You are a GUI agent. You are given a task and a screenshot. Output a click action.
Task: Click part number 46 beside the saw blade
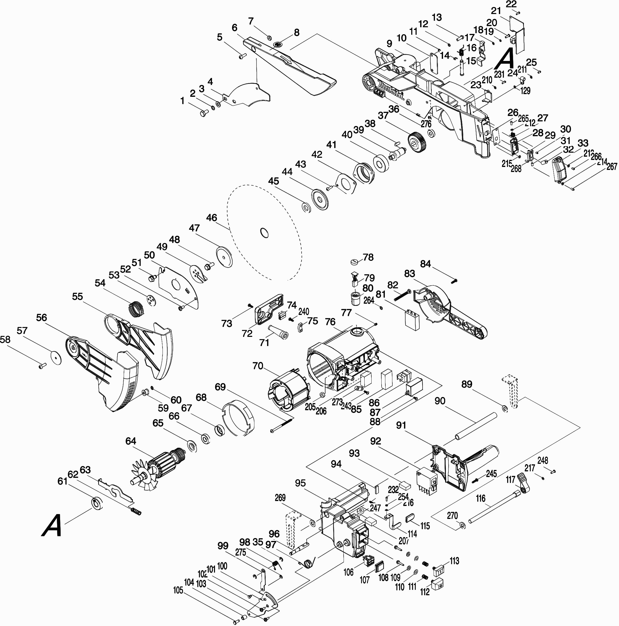211,217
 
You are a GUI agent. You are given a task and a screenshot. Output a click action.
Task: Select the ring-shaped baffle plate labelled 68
238,418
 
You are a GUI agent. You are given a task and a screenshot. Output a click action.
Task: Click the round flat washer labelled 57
56,356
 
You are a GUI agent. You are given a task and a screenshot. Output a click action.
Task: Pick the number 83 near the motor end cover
410,274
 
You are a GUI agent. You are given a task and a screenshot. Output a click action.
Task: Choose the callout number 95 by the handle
300,483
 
